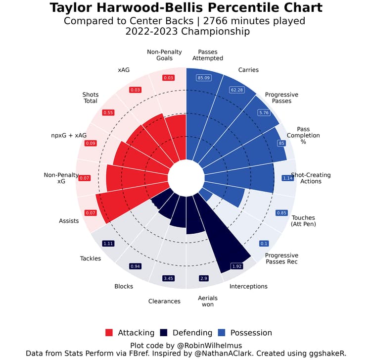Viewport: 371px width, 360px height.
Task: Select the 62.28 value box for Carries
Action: pos(238,90)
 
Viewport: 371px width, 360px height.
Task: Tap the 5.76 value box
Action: pos(266,112)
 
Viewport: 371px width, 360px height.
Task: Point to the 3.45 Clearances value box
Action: pos(169,278)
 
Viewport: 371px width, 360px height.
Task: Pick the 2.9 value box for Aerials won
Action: pos(204,278)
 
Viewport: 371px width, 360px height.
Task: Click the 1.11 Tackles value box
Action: pos(108,243)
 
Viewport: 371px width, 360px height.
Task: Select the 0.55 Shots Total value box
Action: pos(108,112)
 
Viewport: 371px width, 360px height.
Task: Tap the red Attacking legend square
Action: pos(109,333)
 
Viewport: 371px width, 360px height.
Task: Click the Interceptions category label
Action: pos(248,286)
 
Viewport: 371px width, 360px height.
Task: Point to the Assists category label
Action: pos(69,221)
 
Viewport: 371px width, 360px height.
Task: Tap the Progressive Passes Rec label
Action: pos(281,258)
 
